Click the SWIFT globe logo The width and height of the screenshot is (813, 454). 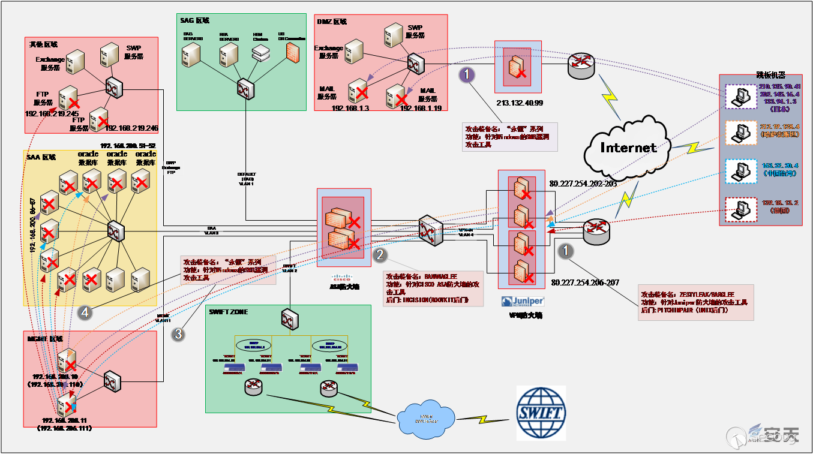[x=541, y=413]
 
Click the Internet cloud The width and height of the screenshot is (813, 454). [x=628, y=148]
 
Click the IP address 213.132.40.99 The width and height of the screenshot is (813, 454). [x=520, y=103]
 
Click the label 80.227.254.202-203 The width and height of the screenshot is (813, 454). [x=583, y=184]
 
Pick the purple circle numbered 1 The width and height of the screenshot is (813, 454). [x=467, y=74]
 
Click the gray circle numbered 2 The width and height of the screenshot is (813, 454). [x=380, y=255]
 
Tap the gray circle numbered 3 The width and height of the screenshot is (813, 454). [x=178, y=334]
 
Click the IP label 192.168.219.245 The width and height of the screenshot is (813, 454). [x=52, y=113]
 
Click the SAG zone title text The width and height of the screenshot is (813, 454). [x=194, y=20]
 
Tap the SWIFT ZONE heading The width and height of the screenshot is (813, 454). [x=229, y=312]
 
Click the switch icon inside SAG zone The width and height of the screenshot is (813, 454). [x=245, y=88]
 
